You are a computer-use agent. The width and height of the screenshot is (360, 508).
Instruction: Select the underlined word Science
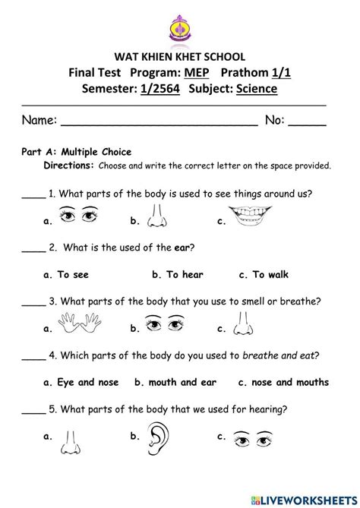click(257, 90)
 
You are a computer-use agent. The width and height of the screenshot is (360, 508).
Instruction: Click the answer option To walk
click(264, 274)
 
